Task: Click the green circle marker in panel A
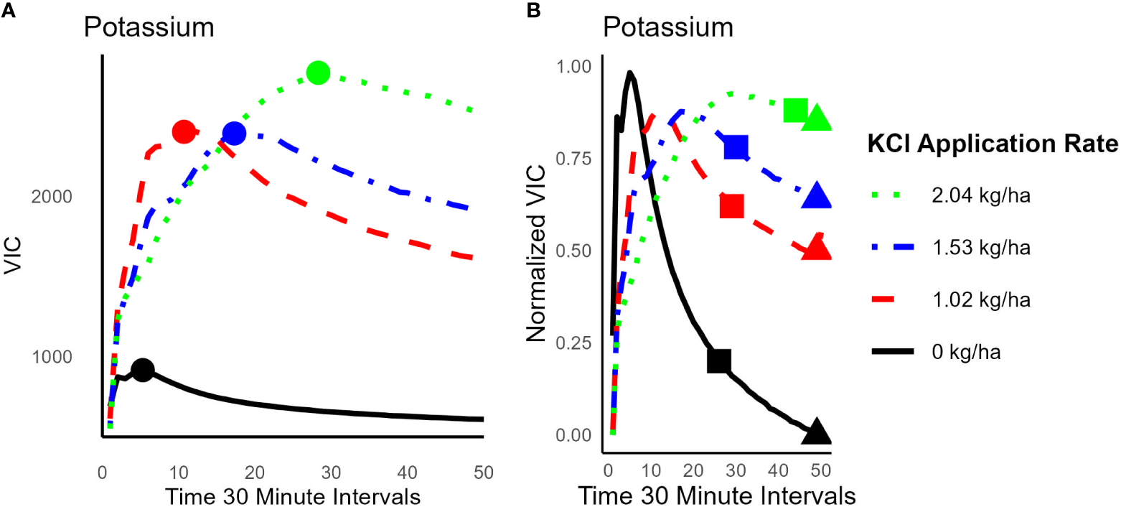coord(318,73)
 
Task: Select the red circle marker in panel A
coord(184,131)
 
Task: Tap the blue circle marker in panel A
coord(234,133)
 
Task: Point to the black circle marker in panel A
coord(143,370)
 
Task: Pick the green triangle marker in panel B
coord(817,118)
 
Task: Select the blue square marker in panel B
coord(736,146)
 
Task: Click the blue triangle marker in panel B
coord(817,195)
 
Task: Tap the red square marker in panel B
coord(732,206)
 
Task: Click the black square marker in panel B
coord(719,361)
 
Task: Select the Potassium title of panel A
coord(149,28)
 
